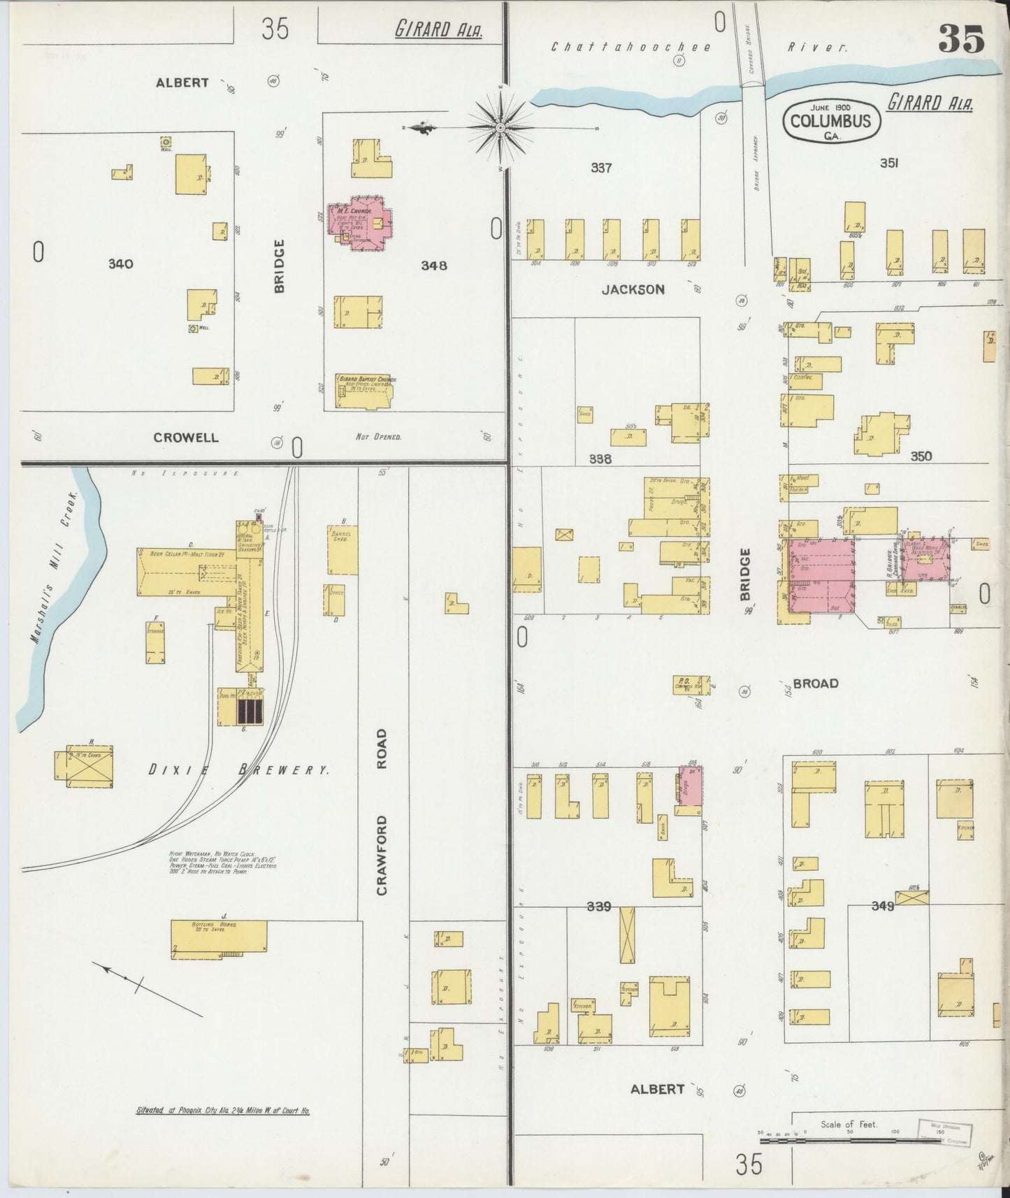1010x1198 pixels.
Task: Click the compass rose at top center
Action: click(500, 128)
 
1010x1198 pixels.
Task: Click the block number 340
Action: click(120, 264)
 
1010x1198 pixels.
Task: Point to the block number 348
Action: click(434, 266)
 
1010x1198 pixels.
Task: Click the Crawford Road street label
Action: click(382, 811)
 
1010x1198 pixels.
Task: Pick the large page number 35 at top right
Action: click(961, 38)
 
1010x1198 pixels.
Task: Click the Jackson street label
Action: click(633, 289)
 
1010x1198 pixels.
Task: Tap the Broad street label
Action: click(815, 684)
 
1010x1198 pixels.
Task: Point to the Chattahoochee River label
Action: click(699, 48)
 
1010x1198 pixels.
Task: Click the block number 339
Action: click(599, 907)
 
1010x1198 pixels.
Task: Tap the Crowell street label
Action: click(186, 438)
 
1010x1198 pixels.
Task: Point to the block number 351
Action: click(888, 163)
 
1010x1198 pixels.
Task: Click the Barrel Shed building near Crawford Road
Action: click(343, 550)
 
